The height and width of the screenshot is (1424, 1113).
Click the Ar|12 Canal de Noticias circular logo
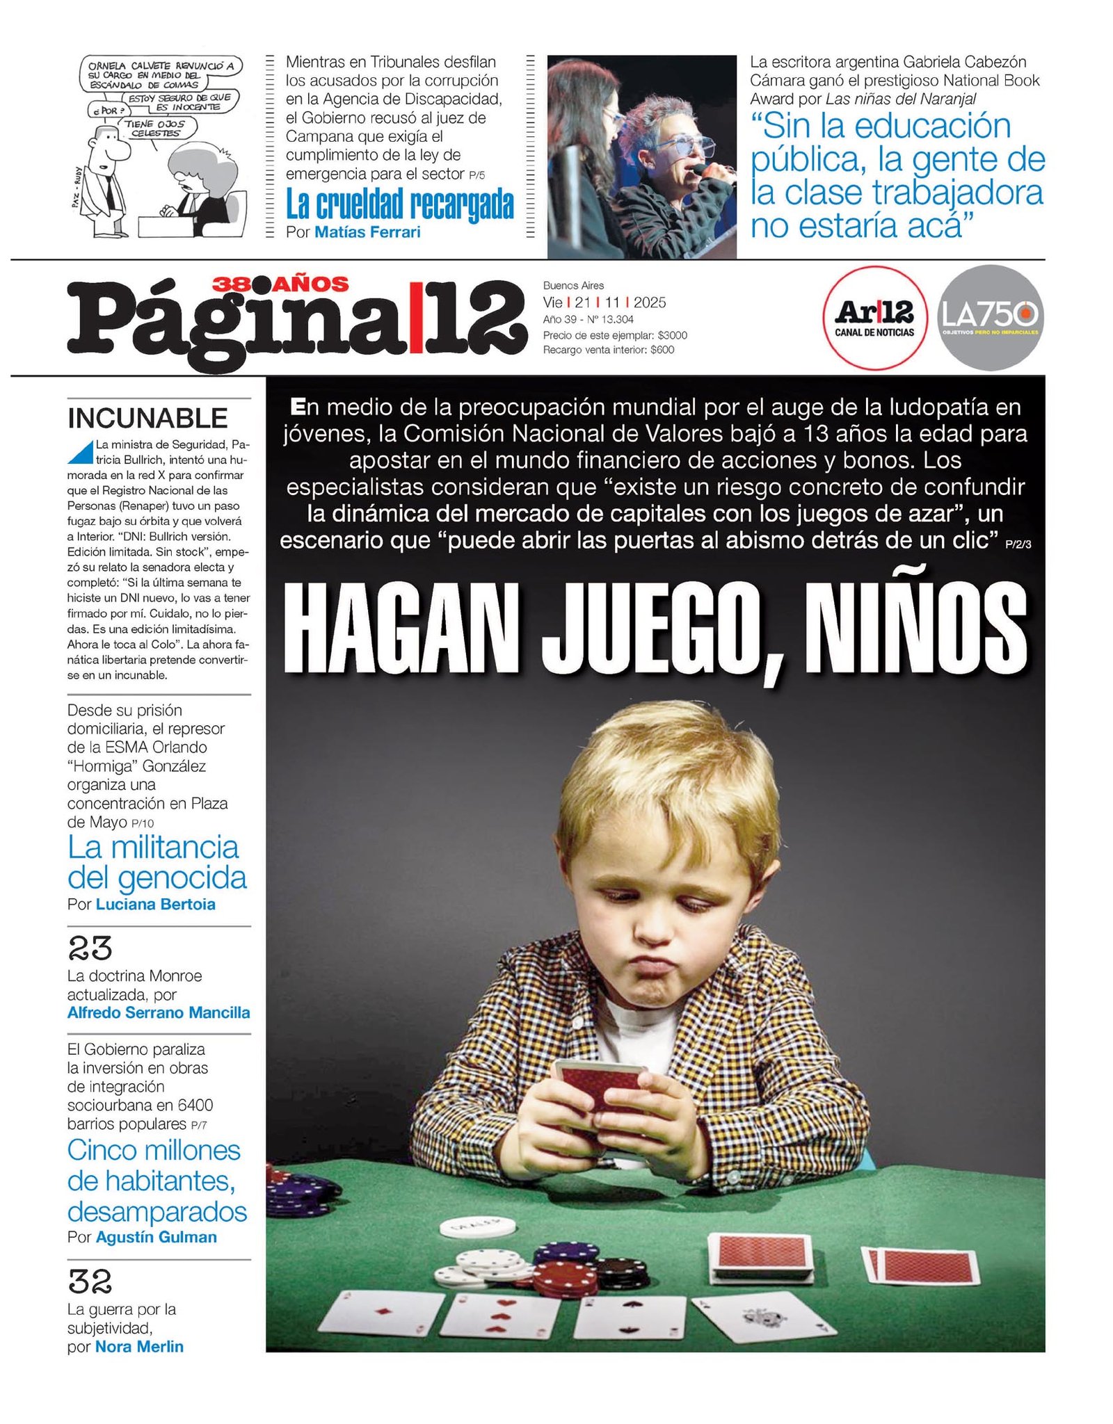click(874, 317)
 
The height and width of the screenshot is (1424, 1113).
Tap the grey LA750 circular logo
click(990, 317)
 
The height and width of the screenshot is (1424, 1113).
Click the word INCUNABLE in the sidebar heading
click(147, 419)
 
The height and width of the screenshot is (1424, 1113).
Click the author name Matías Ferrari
click(367, 232)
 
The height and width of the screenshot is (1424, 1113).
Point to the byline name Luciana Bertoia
click(155, 904)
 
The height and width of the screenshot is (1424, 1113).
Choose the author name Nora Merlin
click(139, 1347)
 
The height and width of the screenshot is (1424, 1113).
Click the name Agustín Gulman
click(156, 1237)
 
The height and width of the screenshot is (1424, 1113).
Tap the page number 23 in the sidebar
click(90, 948)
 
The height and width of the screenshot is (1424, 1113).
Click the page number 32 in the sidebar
click(90, 1281)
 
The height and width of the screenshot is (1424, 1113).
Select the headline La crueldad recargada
click(399, 204)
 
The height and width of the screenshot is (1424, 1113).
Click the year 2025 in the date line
click(649, 302)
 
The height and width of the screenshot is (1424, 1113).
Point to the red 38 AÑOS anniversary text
click(280, 284)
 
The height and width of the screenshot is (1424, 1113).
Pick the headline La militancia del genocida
click(157, 862)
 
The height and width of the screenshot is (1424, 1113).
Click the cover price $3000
click(672, 335)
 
